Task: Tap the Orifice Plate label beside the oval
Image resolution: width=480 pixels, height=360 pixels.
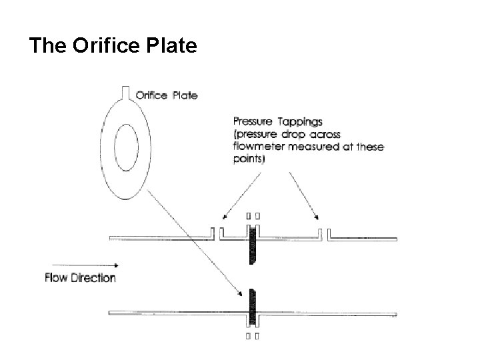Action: pos(166,95)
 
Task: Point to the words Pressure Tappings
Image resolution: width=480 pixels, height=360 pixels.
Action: pos(276,121)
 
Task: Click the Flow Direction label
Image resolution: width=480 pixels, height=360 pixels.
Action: pos(80,277)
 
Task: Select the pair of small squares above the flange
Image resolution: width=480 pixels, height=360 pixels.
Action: pos(253,215)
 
